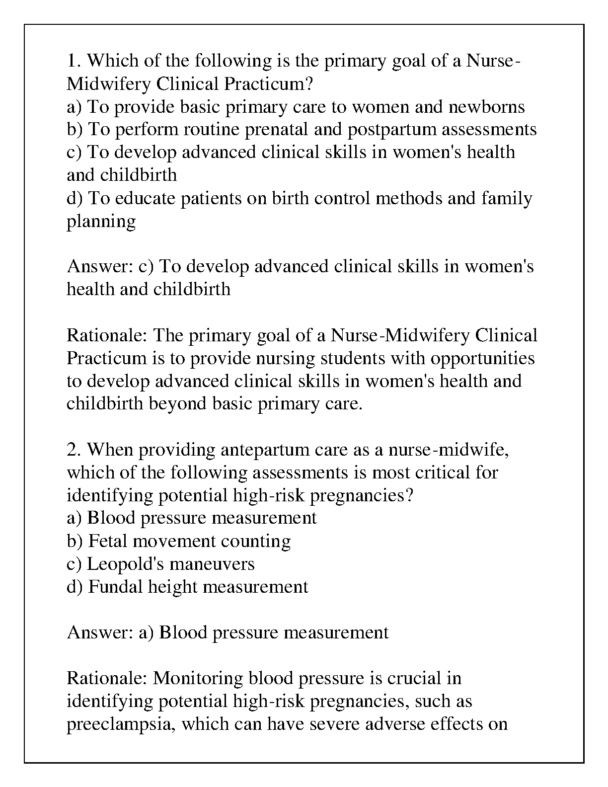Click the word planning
101,222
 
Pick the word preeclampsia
121,724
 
